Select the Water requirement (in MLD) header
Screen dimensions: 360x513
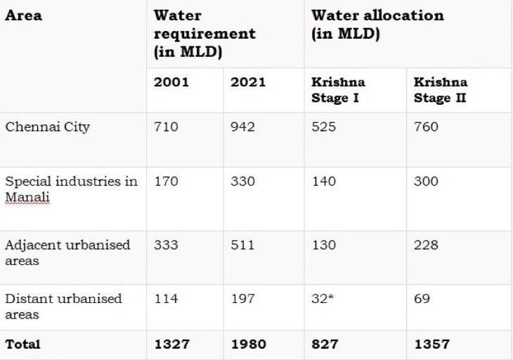click(204, 34)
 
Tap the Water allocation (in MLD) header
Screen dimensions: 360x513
click(377, 25)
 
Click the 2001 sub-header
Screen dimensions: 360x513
click(171, 82)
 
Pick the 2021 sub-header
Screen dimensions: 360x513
click(248, 82)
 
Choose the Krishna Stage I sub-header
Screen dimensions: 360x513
click(338, 89)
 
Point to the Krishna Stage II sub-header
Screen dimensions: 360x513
click(441, 89)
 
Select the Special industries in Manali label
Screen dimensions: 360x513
click(71, 189)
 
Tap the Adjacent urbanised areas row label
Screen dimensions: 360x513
click(67, 252)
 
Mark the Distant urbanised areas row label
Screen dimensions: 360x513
click(63, 306)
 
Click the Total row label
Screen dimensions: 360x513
click(22, 345)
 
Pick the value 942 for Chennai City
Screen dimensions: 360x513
click(242, 127)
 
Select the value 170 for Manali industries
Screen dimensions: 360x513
click(166, 182)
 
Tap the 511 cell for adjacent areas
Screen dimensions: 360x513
click(242, 245)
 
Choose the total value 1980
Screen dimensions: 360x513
click(248, 345)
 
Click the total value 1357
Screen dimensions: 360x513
click(431, 345)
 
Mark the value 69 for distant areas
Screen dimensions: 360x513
click(422, 299)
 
